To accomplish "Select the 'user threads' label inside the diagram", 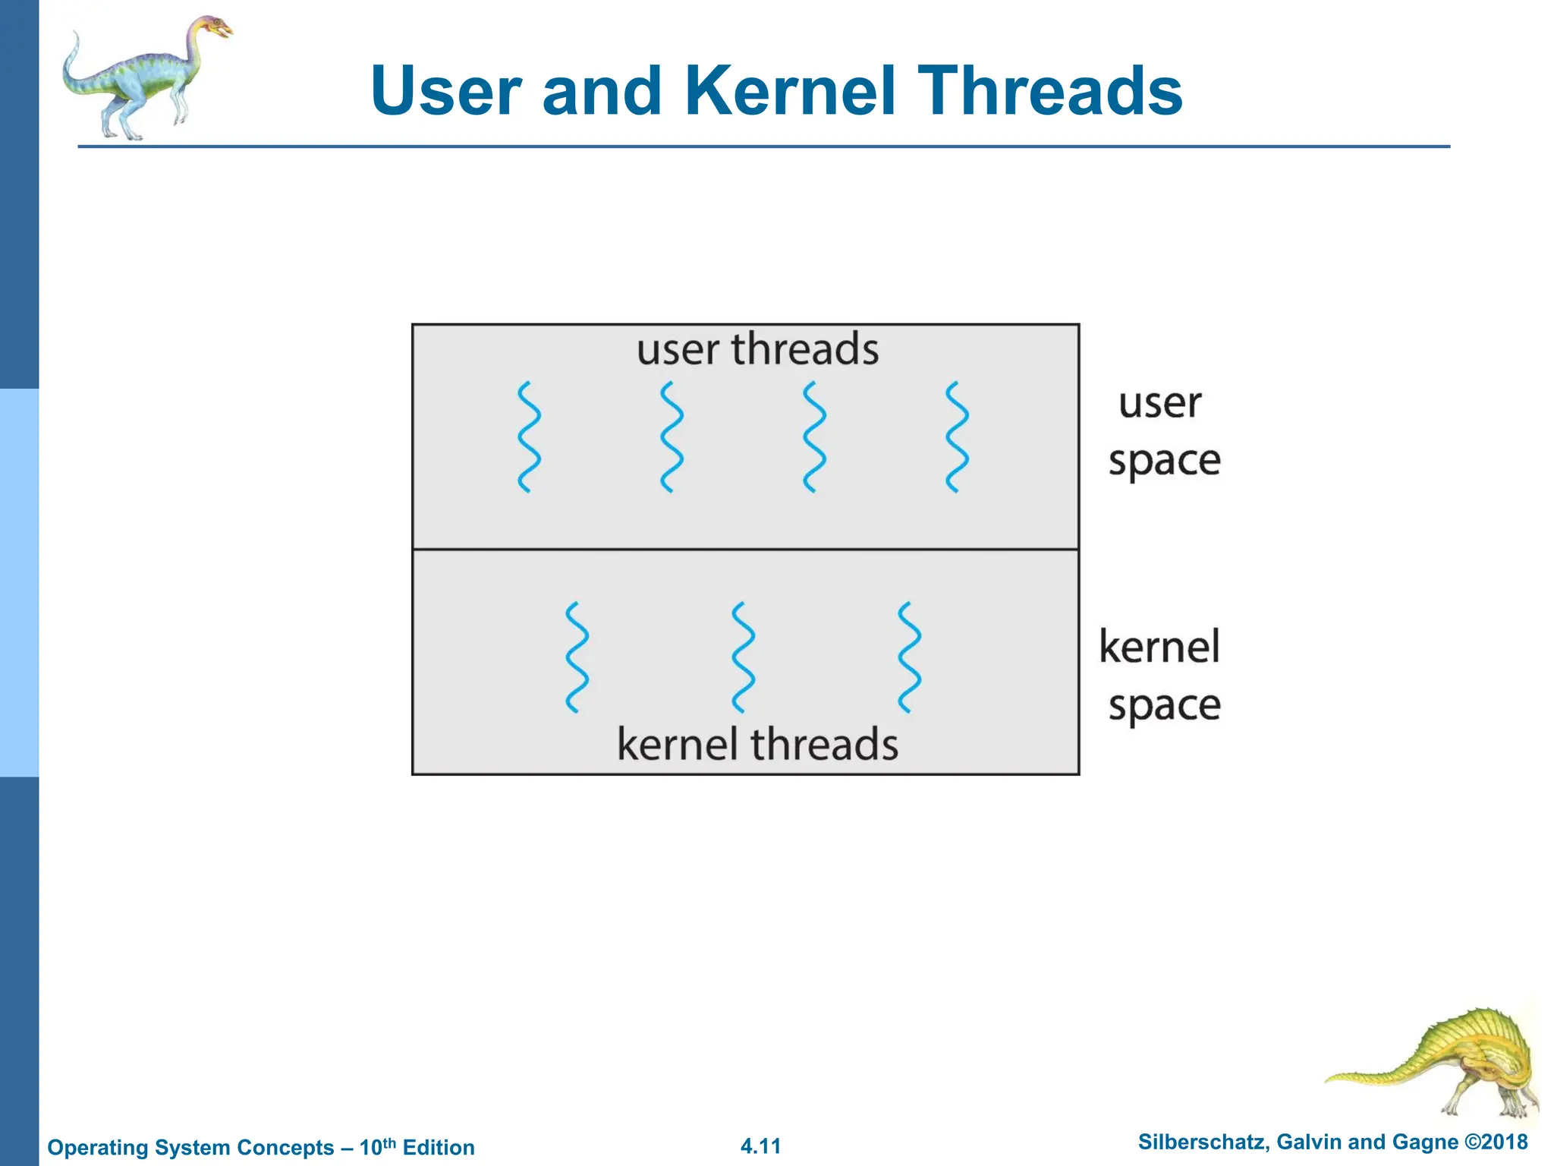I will click(757, 350).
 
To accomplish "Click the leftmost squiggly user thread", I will click(529, 437).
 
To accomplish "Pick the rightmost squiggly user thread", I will click(957, 437).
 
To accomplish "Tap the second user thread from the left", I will click(672, 437).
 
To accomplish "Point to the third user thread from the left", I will click(814, 437).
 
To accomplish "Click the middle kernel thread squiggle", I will click(744, 657).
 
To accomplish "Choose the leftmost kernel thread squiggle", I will click(577, 657).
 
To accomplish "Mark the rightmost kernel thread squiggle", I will click(909, 657).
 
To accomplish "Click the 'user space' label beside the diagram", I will click(1163, 432).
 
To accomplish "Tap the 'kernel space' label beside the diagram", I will click(1161, 676).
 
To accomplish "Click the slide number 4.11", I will click(760, 1146).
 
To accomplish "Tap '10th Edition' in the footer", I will click(417, 1147).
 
